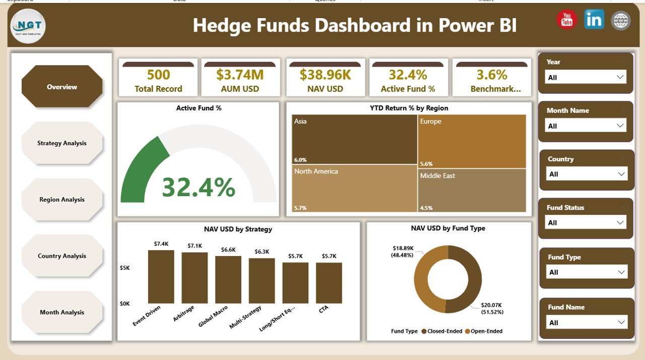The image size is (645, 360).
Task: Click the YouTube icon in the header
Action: coord(567,20)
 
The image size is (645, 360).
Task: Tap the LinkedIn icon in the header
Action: coord(594,20)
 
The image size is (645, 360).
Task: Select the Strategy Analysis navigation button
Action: coord(62,143)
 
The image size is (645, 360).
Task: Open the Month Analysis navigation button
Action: coord(62,313)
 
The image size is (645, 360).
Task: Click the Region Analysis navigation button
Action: coord(62,200)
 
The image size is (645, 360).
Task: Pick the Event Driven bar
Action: coord(161,277)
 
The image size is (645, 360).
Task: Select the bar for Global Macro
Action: coord(228,280)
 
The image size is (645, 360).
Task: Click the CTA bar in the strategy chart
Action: coord(329,283)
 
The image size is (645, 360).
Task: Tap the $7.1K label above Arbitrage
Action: coord(195,246)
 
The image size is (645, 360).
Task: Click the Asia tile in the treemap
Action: coord(354,139)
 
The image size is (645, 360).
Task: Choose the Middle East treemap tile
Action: coord(472,190)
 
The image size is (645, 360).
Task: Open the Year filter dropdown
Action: coord(586,77)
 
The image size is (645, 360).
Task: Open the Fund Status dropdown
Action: coord(586,222)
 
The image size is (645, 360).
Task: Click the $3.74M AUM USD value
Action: coord(240,75)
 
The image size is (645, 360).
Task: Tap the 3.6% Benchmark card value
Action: coord(492,75)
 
